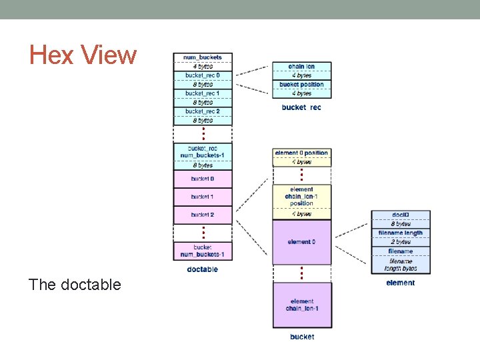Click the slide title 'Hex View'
pyautogui.click(x=83, y=55)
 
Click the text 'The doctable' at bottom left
pyautogui.click(x=75, y=285)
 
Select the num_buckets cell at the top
pyautogui.click(x=203, y=57)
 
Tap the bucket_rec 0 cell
pyautogui.click(x=203, y=75)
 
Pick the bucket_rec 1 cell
pyautogui.click(x=203, y=93)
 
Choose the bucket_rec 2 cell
pyautogui.click(x=203, y=111)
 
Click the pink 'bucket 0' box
pyautogui.click(x=203, y=179)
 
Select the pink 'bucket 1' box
pyautogui.click(x=203, y=197)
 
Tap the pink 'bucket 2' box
pyautogui.click(x=203, y=215)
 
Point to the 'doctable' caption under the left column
pyautogui.click(x=203, y=269)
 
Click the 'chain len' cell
pyautogui.click(x=301, y=67)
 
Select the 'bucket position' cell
pyautogui.click(x=301, y=85)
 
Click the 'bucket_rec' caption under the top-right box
pyautogui.click(x=301, y=107)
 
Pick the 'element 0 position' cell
pyautogui.click(x=301, y=153)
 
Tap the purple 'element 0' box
pyautogui.click(x=301, y=242)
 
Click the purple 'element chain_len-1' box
pyautogui.click(x=302, y=305)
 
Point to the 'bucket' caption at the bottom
pyautogui.click(x=302, y=337)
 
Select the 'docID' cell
pyautogui.click(x=401, y=215)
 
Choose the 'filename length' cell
pyautogui.click(x=401, y=233)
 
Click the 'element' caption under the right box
pyautogui.click(x=400, y=283)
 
